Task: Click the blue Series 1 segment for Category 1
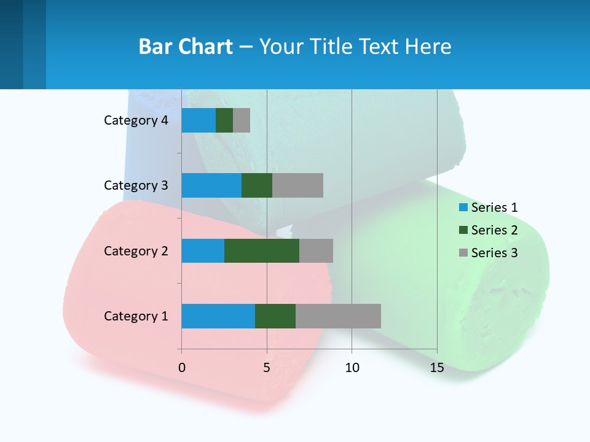pos(218,316)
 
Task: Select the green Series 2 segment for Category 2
pos(262,250)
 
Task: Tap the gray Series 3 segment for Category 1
pos(338,316)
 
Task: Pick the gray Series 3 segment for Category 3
pos(297,185)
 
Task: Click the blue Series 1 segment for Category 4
pos(199,120)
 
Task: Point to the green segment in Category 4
pos(224,120)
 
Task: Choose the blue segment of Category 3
pos(211,185)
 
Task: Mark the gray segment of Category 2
pos(316,250)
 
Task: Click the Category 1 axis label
pos(136,316)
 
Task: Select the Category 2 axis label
pos(136,250)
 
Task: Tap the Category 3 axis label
pos(136,185)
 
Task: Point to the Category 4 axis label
pos(136,120)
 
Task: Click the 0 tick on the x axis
pos(181,368)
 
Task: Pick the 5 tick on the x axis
pos(267,368)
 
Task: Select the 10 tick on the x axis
pos(352,368)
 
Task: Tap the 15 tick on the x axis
pos(437,368)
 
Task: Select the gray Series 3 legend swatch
pos(463,253)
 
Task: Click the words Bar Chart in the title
pos(186,47)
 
